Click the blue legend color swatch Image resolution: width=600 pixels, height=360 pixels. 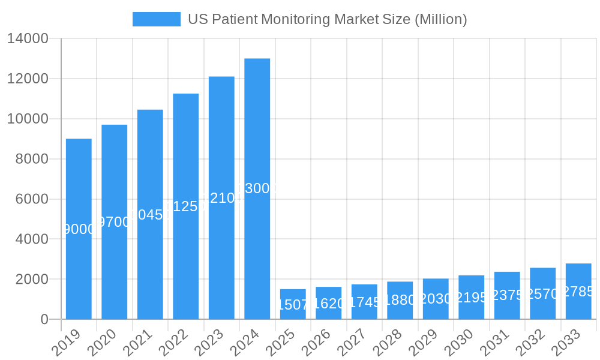point(156,19)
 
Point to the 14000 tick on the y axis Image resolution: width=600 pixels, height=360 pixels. point(28,39)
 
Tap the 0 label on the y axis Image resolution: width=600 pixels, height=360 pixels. point(44,319)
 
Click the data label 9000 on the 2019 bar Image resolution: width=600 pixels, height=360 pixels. point(79,229)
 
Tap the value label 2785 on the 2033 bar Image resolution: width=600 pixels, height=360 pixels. point(578,292)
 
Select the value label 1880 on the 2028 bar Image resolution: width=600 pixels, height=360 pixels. point(400,300)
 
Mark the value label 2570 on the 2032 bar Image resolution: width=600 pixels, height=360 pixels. point(542,294)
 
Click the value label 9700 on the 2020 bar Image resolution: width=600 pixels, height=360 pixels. point(114,222)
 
